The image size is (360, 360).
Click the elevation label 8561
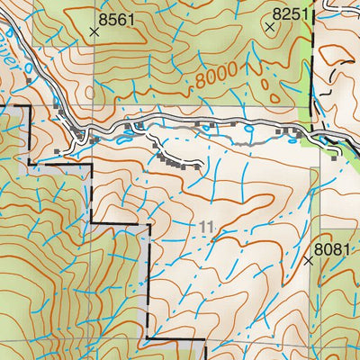[x=121, y=17]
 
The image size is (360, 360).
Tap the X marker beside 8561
[x=94, y=31]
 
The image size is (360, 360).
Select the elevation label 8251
[x=289, y=13]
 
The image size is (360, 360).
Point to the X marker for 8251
[x=268, y=27]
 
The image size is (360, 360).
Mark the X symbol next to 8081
[x=309, y=261]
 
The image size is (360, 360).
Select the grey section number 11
[x=209, y=229]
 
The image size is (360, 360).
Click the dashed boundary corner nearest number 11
[x=147, y=225]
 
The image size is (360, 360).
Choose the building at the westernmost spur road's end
[x=58, y=150]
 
